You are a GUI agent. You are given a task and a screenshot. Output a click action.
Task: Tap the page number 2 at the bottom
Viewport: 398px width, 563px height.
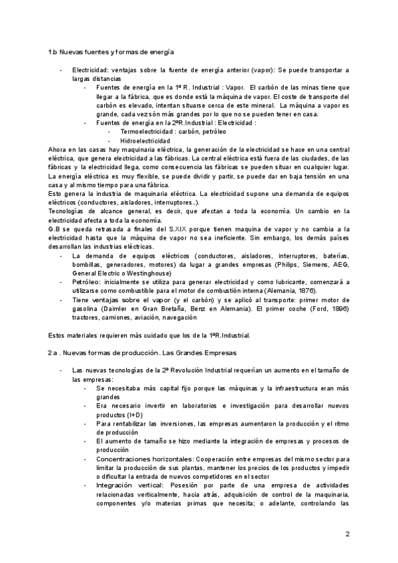tap(347, 534)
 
